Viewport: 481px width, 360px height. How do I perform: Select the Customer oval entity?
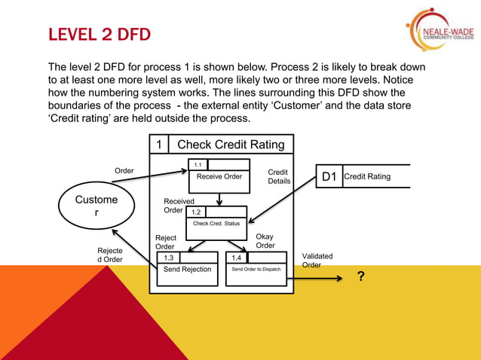coord(97,206)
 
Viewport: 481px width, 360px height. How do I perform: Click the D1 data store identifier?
coord(329,177)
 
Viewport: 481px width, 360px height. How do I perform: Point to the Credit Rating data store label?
coord(367,177)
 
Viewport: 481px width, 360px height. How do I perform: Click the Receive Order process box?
coord(219,176)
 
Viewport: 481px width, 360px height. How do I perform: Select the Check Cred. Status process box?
coord(216,223)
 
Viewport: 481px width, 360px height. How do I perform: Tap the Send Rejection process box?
coord(187,269)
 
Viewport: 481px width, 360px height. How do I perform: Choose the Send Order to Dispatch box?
coord(256,269)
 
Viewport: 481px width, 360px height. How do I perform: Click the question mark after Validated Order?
coord(361,277)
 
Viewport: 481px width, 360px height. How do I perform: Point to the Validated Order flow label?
coord(317,261)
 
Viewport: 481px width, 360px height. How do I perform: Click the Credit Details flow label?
coord(279,176)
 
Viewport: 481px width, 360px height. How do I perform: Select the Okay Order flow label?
coord(265,241)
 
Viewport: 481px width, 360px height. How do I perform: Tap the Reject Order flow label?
coord(165,243)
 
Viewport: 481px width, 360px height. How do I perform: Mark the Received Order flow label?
coord(178,206)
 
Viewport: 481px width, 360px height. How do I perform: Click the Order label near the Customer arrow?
coord(124,171)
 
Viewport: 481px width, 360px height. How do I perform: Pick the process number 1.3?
coord(169,258)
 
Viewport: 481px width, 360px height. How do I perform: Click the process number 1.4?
coord(237,258)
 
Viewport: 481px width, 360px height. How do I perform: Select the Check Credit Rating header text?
coord(230,145)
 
